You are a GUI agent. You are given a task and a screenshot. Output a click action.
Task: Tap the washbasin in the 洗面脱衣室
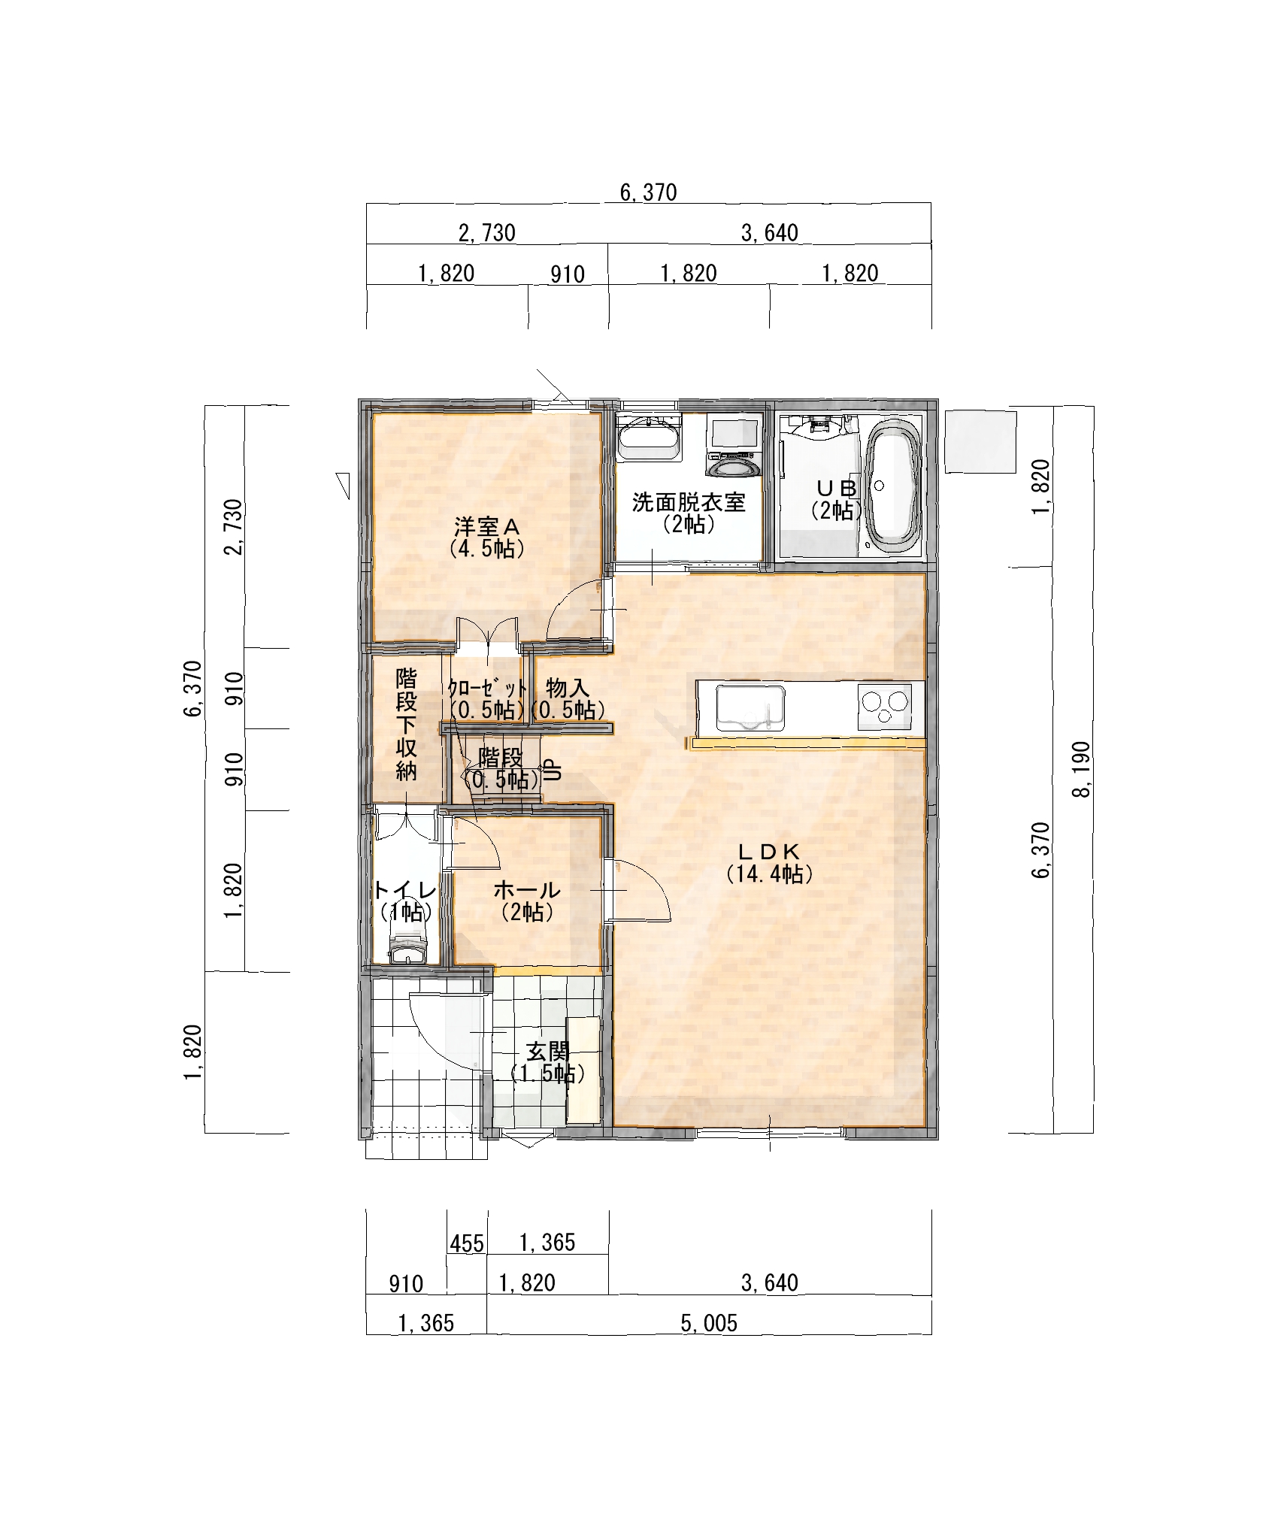coord(649,437)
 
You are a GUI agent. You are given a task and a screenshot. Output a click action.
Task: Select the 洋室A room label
coord(486,536)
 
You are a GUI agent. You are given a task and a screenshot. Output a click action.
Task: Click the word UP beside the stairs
coord(553,769)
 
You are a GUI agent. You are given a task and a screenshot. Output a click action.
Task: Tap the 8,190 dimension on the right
coord(1084,770)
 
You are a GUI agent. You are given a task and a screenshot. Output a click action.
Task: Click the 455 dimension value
coord(467,1244)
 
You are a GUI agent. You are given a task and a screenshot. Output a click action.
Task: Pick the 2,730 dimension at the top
coord(487,233)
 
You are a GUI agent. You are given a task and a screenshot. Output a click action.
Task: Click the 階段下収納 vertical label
coord(406,725)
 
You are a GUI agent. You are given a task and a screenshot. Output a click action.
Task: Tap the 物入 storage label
coord(567,687)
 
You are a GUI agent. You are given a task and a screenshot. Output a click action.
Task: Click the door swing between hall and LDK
coord(639,890)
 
